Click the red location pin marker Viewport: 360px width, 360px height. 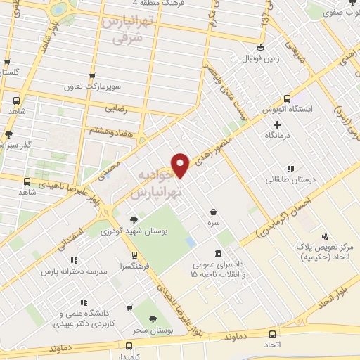181,165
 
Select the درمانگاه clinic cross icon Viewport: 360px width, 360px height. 278,124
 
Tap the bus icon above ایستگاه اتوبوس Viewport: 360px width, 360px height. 286,99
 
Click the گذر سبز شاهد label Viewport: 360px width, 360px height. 22,146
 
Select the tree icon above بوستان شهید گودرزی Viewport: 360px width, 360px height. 134,219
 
